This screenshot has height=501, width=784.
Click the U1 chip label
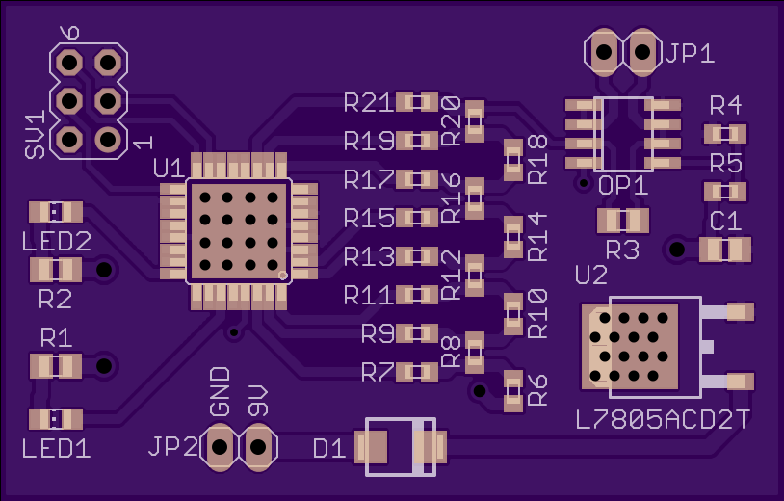169,169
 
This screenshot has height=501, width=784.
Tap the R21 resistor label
369,103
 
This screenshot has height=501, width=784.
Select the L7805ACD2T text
663,420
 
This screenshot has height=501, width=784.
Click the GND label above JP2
220,392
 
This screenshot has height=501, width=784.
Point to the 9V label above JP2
258,402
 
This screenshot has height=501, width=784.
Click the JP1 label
690,52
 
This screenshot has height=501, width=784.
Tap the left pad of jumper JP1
604,52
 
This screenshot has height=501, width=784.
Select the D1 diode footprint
401,447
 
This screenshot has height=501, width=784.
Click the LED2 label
57,242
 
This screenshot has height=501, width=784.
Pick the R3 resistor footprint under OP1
623,221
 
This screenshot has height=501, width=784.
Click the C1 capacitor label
725,221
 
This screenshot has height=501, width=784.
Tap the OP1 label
623,186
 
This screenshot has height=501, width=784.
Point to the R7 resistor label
378,373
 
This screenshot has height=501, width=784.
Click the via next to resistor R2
104,270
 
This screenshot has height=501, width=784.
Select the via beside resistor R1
104,366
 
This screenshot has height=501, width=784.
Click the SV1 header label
35,135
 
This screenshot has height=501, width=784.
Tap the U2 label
591,275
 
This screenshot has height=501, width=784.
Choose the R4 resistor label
725,106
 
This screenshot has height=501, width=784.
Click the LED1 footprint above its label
56,419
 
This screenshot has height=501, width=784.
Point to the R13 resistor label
369,257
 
